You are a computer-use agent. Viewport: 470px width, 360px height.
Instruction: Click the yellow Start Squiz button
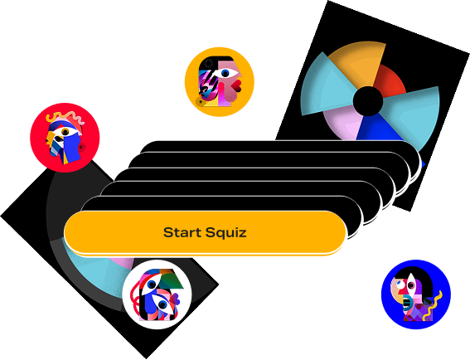click(205, 232)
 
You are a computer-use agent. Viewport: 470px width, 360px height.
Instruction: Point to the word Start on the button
click(183, 232)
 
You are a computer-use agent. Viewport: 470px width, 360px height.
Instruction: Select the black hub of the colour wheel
click(368, 101)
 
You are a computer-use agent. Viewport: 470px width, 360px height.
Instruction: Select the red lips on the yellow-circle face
click(238, 85)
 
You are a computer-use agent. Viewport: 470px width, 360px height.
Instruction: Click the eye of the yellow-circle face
click(225, 73)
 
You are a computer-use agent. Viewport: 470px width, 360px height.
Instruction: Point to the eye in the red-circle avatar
click(65, 132)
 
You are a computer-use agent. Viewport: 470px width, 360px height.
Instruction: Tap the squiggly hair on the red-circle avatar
click(66, 118)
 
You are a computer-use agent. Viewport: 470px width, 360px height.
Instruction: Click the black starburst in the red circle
click(81, 147)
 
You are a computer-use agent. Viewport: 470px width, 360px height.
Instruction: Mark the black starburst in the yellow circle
click(200, 101)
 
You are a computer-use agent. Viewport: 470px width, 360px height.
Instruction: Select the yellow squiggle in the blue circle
click(433, 306)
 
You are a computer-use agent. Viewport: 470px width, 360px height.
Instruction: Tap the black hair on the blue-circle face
click(417, 278)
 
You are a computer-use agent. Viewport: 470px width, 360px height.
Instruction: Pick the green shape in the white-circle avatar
click(171, 279)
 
